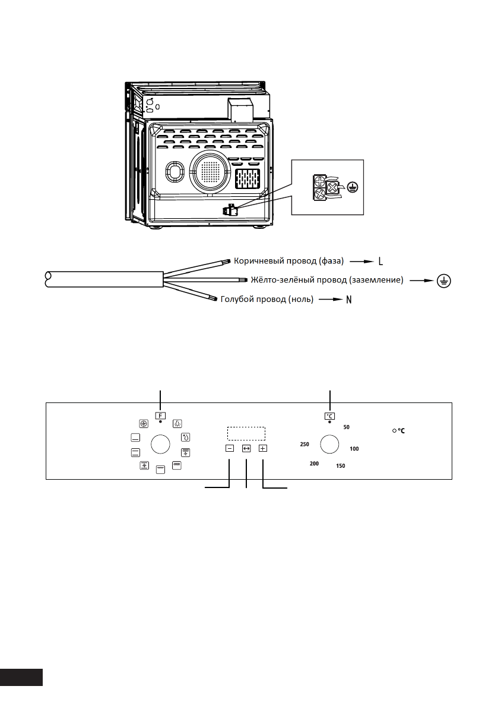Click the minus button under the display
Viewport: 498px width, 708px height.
(x=230, y=449)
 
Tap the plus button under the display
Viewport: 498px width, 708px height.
(x=263, y=449)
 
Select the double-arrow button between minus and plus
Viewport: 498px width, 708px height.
(x=246, y=449)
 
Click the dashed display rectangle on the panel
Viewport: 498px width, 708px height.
(x=245, y=433)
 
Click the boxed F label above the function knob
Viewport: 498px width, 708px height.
(x=161, y=415)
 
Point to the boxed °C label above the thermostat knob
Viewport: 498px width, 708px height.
(x=329, y=416)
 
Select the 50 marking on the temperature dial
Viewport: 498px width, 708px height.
(x=347, y=427)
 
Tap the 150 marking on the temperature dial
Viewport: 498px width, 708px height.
(x=341, y=466)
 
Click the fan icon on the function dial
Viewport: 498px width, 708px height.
(x=143, y=424)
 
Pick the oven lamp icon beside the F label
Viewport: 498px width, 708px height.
(x=177, y=424)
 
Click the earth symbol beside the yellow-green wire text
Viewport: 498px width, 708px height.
(x=442, y=281)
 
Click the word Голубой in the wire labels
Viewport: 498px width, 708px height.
(x=237, y=300)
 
